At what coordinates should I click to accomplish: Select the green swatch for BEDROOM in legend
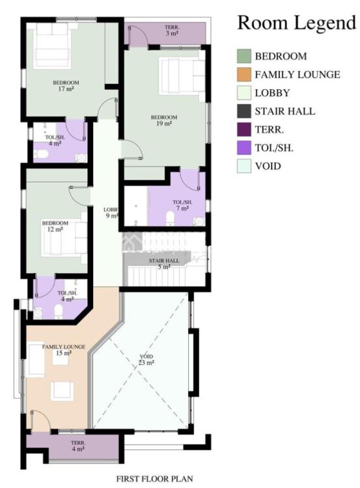click(243, 57)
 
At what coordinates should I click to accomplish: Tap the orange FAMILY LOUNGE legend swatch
click(243, 75)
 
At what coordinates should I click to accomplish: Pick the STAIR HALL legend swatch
click(243, 111)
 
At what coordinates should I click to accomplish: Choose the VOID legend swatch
click(243, 167)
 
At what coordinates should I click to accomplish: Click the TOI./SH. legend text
click(274, 148)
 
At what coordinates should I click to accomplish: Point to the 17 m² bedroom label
click(66, 86)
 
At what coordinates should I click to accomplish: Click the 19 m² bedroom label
click(164, 120)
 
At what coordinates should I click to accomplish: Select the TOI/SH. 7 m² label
click(180, 205)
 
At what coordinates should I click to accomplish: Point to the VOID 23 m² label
click(147, 360)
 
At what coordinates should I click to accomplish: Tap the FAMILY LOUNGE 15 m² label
click(64, 350)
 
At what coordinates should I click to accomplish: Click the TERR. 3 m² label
click(172, 29)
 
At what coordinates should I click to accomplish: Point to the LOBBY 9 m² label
click(111, 212)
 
